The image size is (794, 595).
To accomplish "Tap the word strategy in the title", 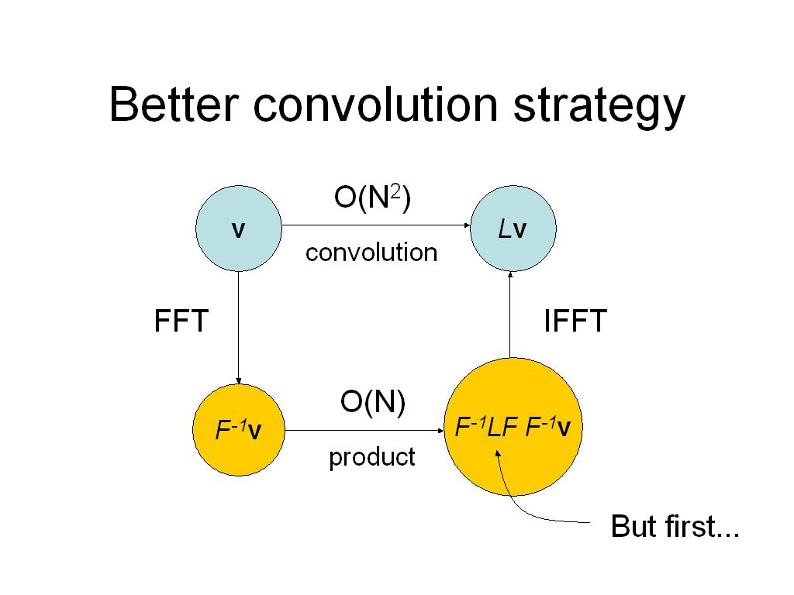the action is point(599,108).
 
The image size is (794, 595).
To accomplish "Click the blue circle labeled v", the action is point(239,229).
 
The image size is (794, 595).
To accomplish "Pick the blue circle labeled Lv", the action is point(513,229).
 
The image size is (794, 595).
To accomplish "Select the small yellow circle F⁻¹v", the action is point(239,430).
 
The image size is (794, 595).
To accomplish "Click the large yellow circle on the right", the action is point(513,427).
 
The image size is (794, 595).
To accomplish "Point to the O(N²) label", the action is point(372,198).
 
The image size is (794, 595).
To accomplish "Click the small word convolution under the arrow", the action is point(371,253).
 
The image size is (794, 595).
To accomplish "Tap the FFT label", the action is point(181,321).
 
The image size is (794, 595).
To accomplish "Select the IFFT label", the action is point(575,321).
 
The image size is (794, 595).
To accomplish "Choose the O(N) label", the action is point(373,403).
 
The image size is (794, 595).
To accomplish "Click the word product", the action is point(372,458).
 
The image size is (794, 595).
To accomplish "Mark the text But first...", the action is point(675,526).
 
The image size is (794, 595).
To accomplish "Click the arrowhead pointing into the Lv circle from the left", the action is point(468,225).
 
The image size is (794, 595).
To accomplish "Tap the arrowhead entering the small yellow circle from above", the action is point(239,381).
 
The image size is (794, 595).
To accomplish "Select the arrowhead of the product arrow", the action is point(440,431).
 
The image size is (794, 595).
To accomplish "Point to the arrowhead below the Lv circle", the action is point(510,275).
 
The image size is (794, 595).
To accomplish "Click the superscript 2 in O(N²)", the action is point(395,192).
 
